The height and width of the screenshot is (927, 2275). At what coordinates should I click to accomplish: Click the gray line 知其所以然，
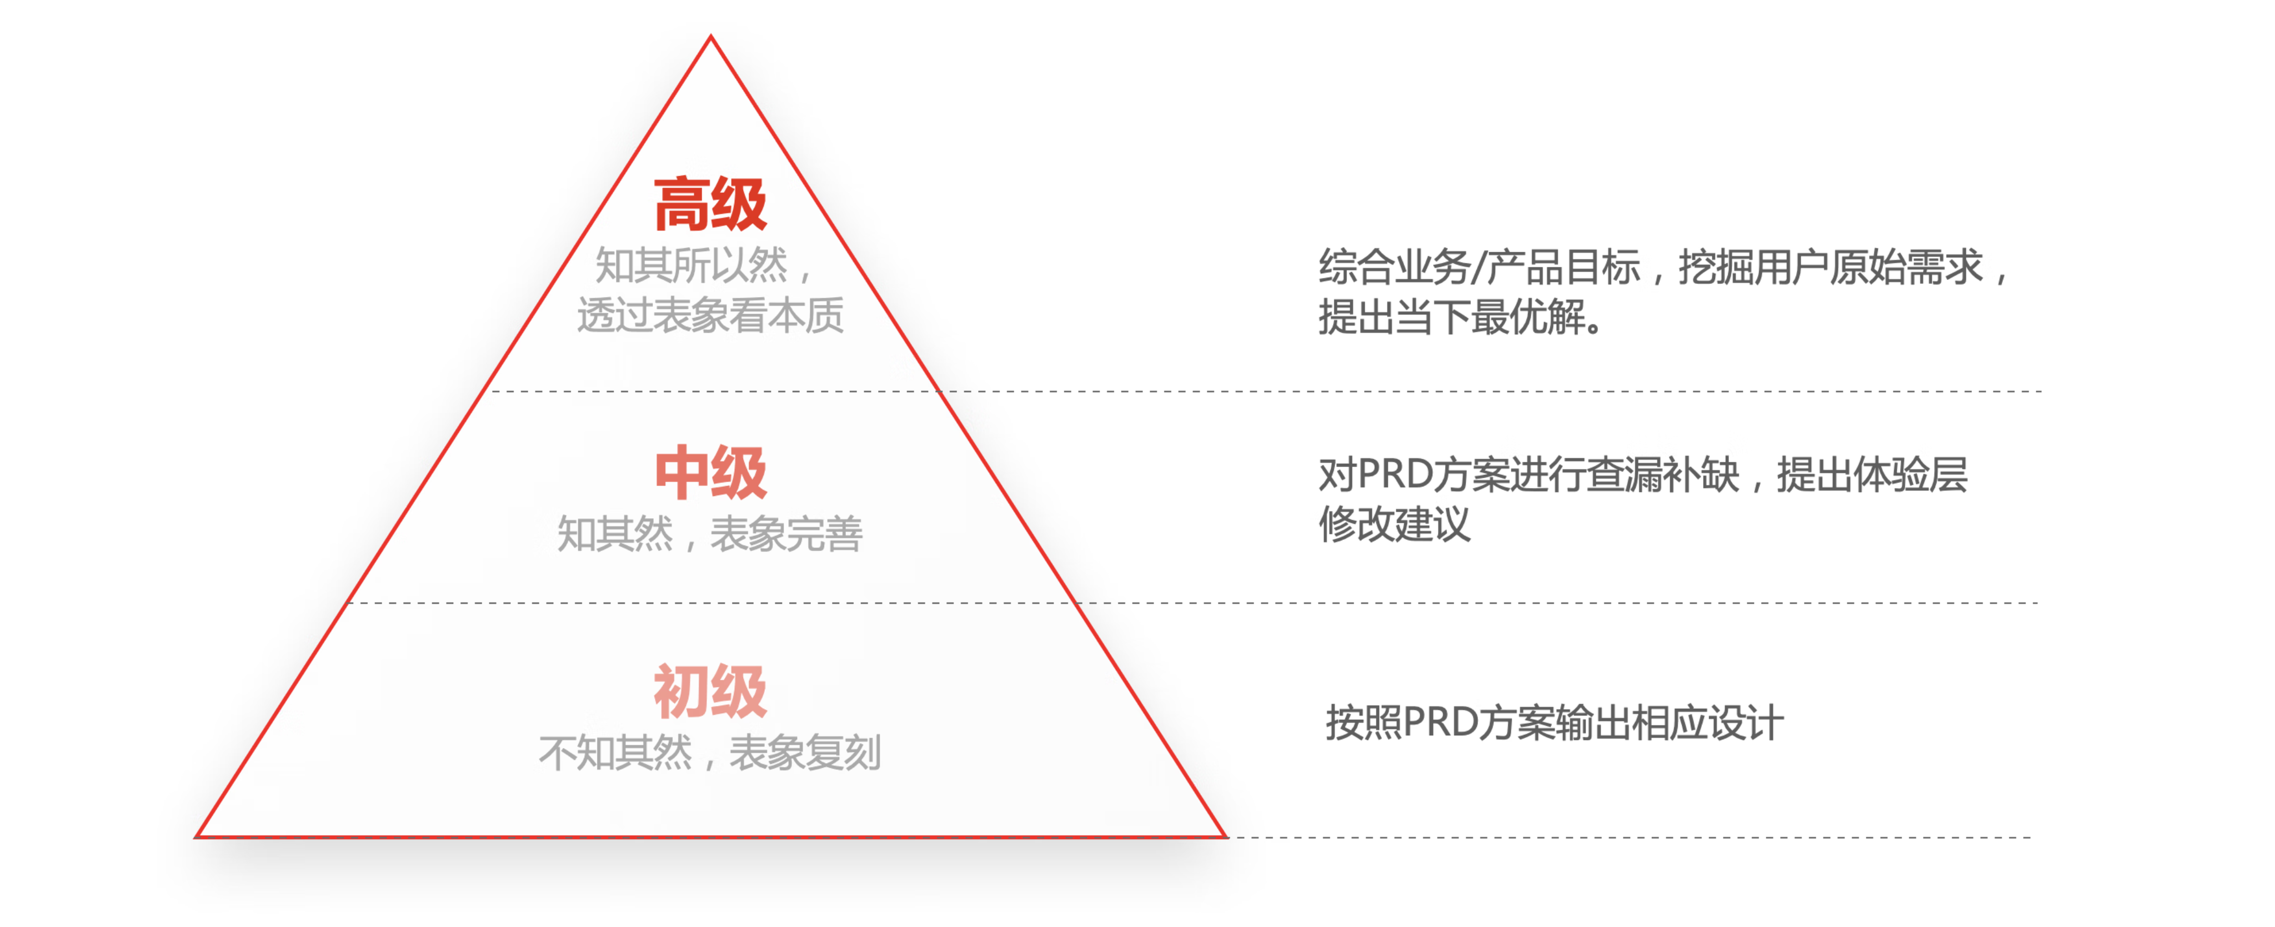pos(703,265)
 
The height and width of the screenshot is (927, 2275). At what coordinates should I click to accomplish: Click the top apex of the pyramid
pos(711,36)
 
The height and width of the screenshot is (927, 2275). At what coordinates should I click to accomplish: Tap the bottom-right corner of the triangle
pos(1226,835)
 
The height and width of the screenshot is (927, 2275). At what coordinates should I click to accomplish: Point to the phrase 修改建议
pos(1395,524)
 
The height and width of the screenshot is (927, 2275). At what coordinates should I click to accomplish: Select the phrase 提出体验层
pos(1872,474)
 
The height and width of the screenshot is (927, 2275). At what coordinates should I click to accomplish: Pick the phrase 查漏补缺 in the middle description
pos(1663,474)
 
